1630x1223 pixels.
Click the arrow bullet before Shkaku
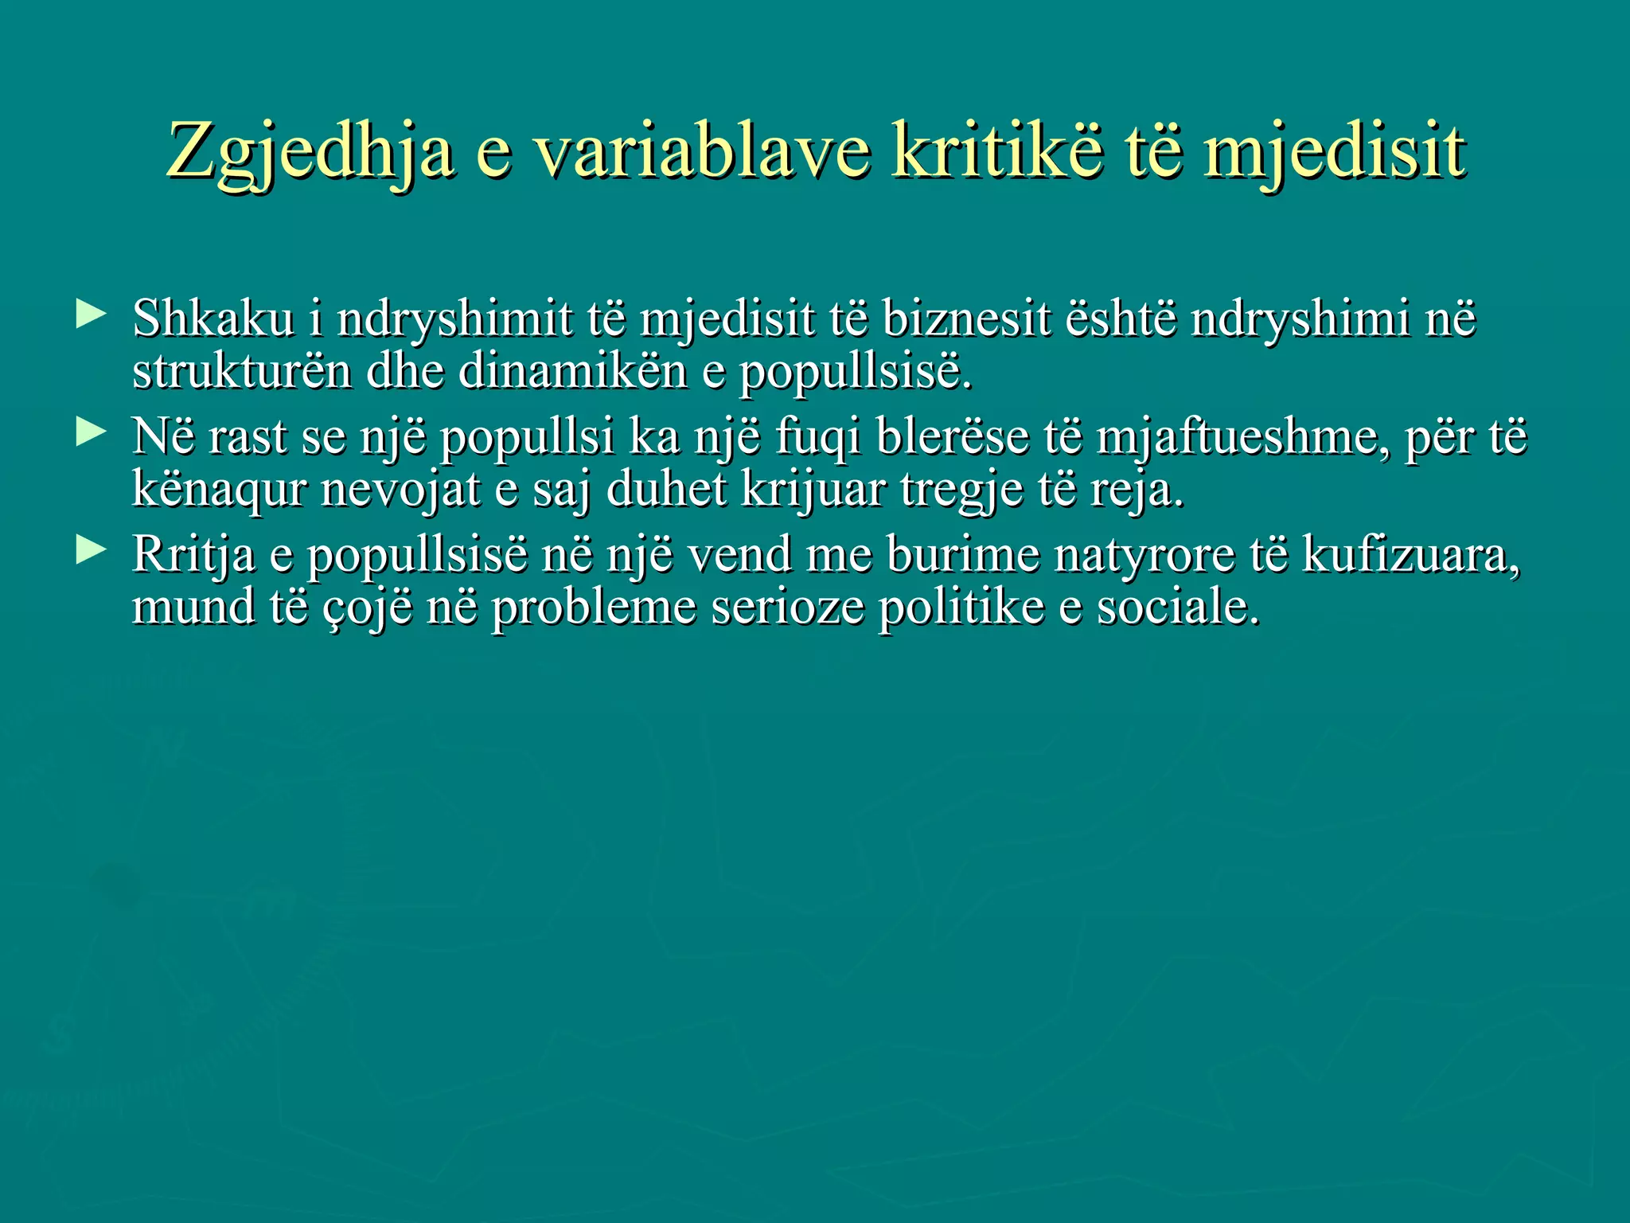[91, 315]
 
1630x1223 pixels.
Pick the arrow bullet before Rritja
[91, 550]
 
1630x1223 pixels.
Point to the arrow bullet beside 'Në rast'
[91, 432]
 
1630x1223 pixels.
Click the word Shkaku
[213, 318]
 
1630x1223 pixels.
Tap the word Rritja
[193, 554]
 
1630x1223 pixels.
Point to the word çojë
[369, 608]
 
